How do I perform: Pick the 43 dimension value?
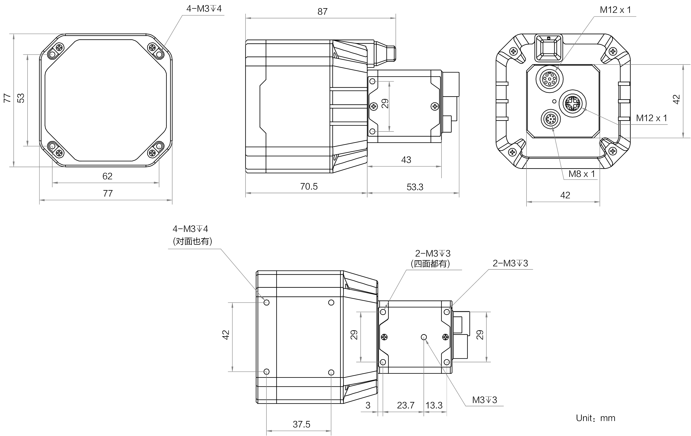pos(406,160)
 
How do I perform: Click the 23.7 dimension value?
pos(406,406)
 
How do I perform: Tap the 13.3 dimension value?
pos(434,406)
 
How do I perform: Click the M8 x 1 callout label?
pos(582,174)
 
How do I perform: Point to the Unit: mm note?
pos(596,418)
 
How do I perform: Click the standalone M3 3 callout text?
pos(485,400)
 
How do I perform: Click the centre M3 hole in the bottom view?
pos(424,337)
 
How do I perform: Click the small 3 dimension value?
pos(368,406)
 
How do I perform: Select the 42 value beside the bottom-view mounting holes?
pos(226,335)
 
